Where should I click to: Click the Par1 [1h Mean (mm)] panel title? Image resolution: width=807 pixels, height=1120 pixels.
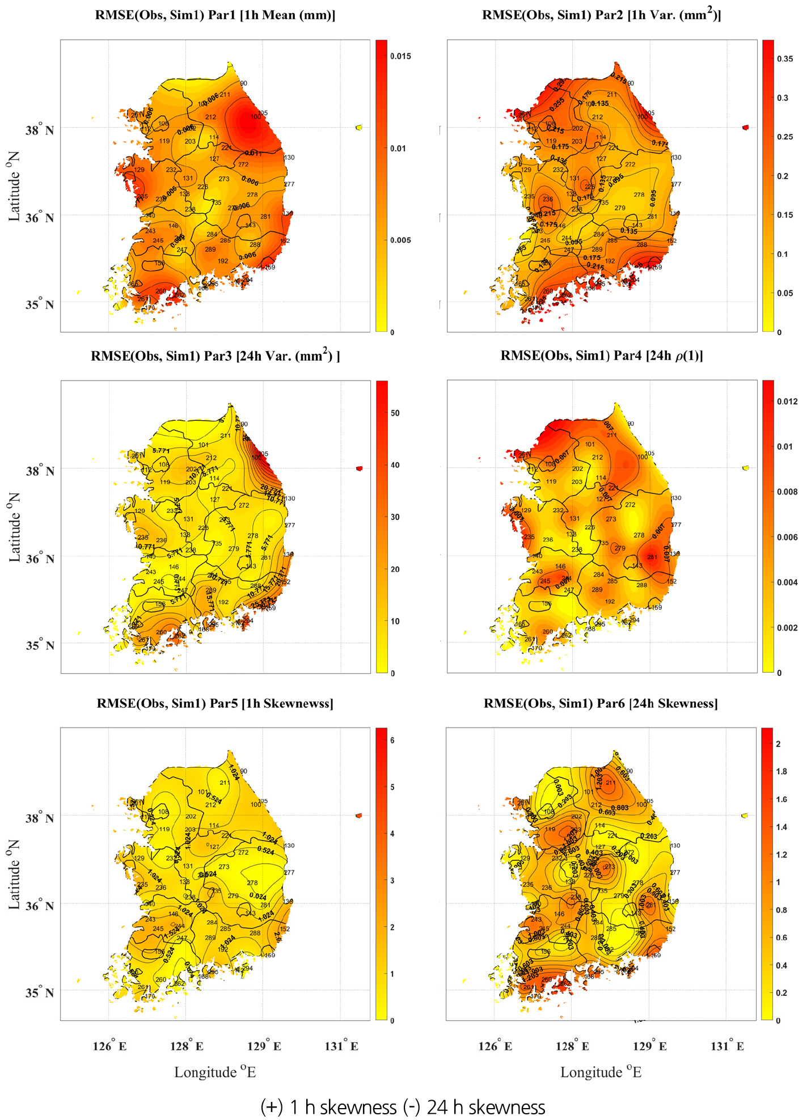tap(215, 15)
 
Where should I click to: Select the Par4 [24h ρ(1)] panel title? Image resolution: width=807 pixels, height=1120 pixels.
tap(601, 356)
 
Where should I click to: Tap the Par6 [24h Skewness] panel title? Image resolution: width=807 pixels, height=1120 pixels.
tap(601, 703)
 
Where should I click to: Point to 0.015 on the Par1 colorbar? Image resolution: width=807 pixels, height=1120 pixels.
tap(400, 56)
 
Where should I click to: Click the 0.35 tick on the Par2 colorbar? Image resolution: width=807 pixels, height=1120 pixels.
tap(785, 59)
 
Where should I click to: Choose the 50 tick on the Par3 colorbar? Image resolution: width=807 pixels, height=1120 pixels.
tap(395, 413)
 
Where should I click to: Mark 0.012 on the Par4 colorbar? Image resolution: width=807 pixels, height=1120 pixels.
tap(787, 401)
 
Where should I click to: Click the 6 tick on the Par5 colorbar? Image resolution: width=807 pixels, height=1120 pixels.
tap(392, 740)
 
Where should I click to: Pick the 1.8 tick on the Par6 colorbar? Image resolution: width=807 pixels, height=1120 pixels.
tap(781, 771)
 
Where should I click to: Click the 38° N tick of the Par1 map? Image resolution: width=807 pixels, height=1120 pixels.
tap(40, 130)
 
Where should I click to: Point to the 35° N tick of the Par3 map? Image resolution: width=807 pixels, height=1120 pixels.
tap(40, 645)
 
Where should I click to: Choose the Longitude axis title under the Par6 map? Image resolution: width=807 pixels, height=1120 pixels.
tap(601, 1072)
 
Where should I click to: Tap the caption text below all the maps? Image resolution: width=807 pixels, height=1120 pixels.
tap(403, 1106)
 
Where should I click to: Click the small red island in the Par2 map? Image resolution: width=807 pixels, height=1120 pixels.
tap(745, 127)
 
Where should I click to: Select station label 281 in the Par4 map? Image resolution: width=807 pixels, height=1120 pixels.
tap(652, 557)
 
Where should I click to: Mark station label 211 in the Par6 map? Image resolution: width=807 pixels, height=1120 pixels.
tap(610, 783)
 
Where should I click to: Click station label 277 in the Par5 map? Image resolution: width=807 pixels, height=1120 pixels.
tap(289, 872)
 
